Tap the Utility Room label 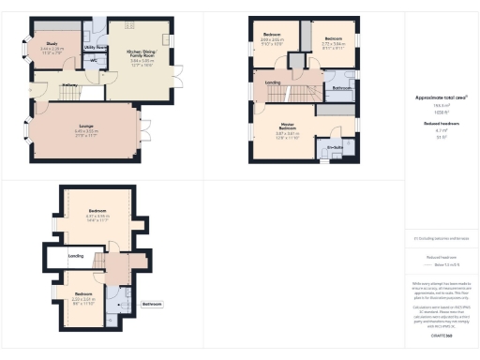coord(96,46)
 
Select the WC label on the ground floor coord(94,59)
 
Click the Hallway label coord(69,85)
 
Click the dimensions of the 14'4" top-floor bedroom coord(99,219)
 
